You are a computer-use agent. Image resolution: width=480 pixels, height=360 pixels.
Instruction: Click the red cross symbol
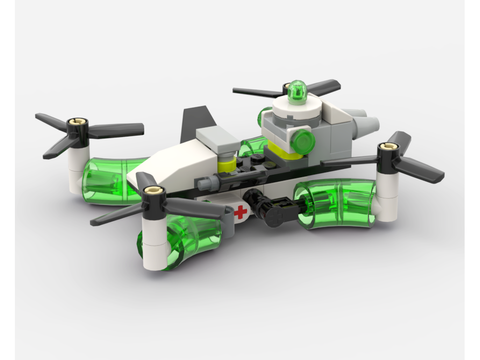coord(241,212)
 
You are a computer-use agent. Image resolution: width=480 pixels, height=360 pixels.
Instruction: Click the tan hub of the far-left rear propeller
coord(76,122)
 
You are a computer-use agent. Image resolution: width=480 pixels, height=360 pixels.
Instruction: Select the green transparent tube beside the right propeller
coord(336,204)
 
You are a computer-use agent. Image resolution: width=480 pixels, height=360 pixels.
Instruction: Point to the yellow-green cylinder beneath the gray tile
coord(226,166)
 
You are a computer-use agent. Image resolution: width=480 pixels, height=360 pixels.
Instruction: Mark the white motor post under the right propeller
coord(386,197)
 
